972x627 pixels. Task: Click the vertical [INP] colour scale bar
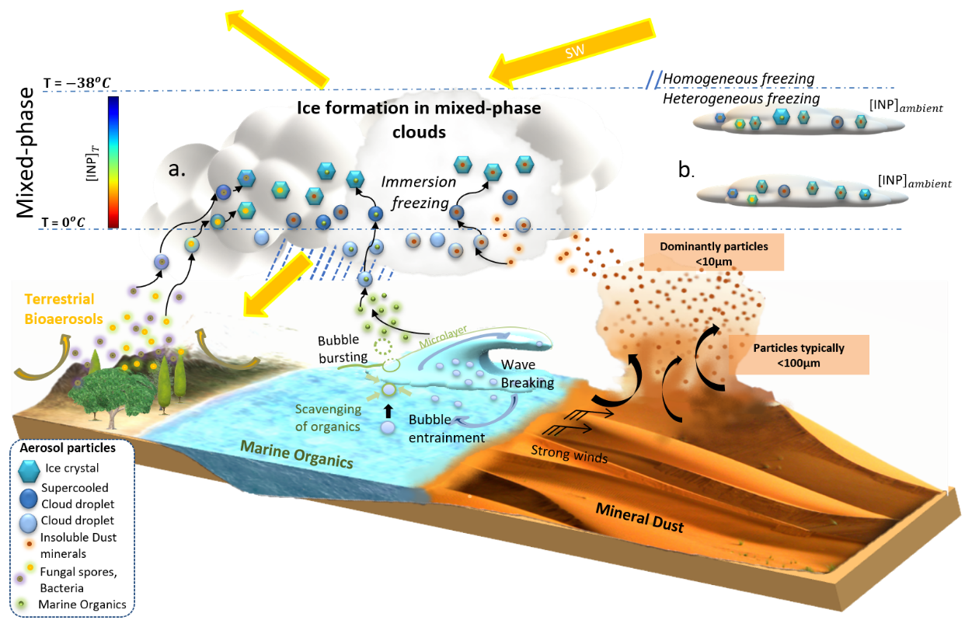pos(113,161)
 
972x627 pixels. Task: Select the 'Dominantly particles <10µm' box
pos(713,253)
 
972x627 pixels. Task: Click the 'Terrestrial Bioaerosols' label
pos(59,306)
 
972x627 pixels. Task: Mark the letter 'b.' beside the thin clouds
pos(686,170)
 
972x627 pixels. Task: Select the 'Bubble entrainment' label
pos(447,429)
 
